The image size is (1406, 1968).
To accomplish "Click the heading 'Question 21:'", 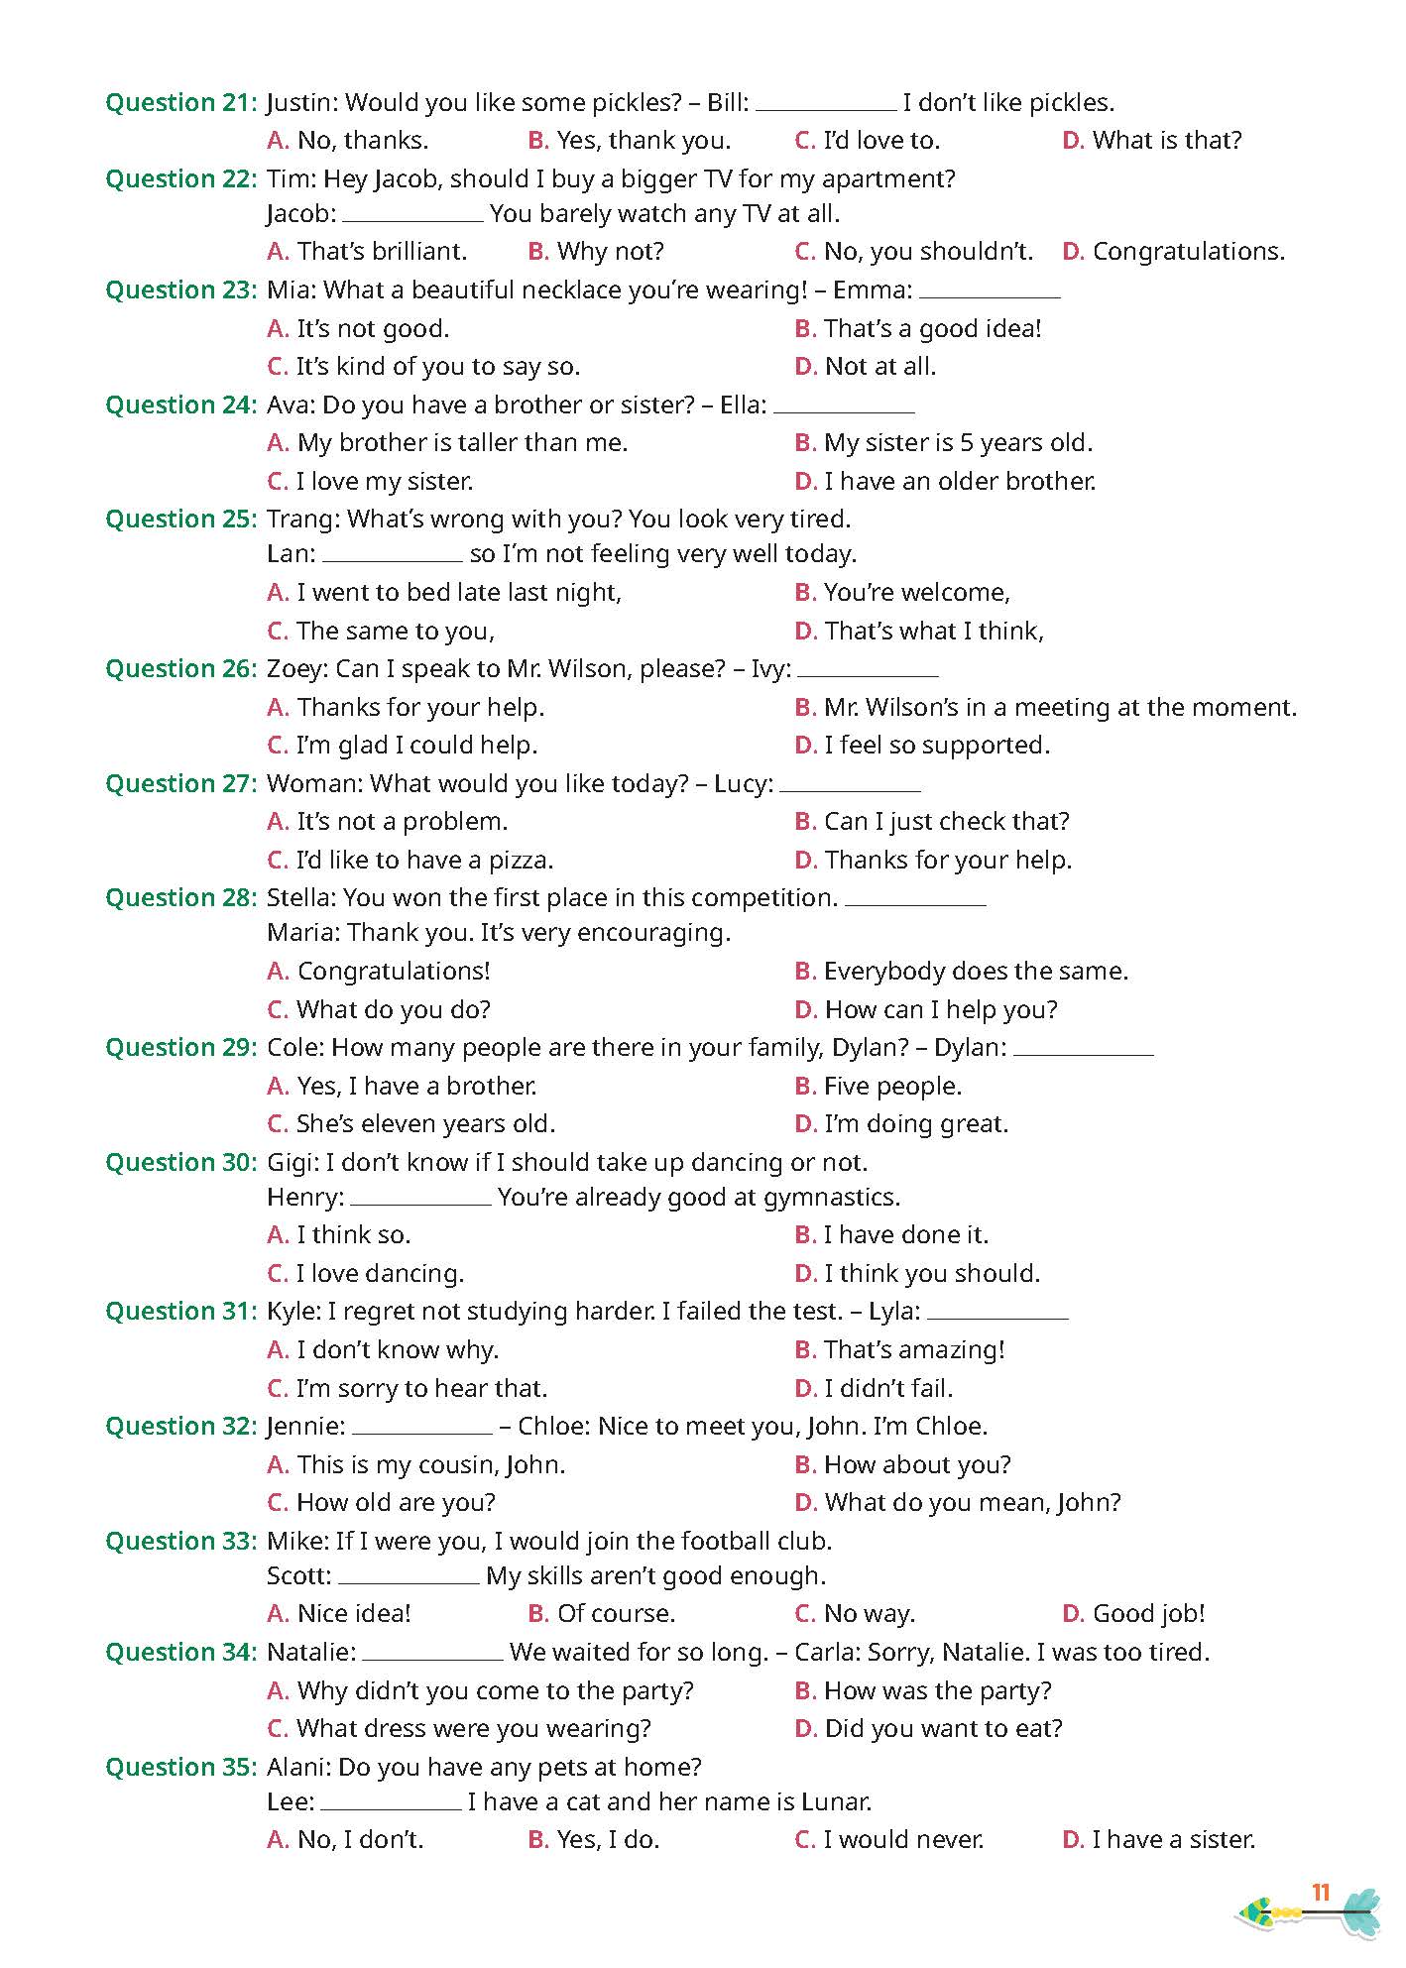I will tap(181, 103).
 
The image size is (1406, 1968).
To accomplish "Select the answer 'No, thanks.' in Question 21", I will tap(362, 141).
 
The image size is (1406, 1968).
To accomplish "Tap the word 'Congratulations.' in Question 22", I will tap(1188, 252).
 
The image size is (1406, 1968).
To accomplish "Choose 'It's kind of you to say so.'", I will tap(437, 367).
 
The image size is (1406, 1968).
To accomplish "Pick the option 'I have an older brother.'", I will tap(960, 482).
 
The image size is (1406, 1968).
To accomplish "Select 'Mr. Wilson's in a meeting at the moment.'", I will tap(1060, 708).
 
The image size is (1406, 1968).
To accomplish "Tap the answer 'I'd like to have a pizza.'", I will tap(424, 861).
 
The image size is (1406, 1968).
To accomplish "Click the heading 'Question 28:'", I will tap(181, 898).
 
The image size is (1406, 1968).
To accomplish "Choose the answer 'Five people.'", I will tap(892, 1087).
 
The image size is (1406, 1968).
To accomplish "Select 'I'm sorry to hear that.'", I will tap(421, 1389).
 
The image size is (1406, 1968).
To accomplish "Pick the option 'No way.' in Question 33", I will tap(869, 1614).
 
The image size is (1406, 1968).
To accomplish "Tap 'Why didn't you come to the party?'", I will tap(495, 1691).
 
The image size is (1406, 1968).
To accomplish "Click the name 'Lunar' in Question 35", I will tap(838, 1802).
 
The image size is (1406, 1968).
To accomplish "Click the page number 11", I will tap(1320, 1894).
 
